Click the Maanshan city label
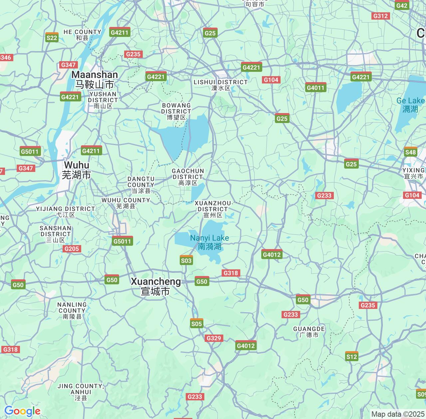tap(95, 79)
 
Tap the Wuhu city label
tap(77, 170)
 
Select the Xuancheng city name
tap(156, 286)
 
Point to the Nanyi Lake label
tap(209, 242)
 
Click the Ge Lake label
tap(410, 104)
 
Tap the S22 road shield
tap(52, 38)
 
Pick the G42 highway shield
tap(402, 5)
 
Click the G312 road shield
tap(380, 16)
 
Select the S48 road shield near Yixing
tap(410, 152)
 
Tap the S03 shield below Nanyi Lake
tap(186, 260)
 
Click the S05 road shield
tap(196, 324)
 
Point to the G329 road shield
tap(214, 338)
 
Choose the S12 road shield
tap(352, 356)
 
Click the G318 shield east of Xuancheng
tap(231, 273)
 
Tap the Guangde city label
tap(309, 332)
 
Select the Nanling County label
tap(72, 310)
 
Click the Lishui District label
tap(221, 85)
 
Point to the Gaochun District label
tap(188, 177)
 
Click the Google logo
tap(22, 411)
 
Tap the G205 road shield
tap(72, 249)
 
